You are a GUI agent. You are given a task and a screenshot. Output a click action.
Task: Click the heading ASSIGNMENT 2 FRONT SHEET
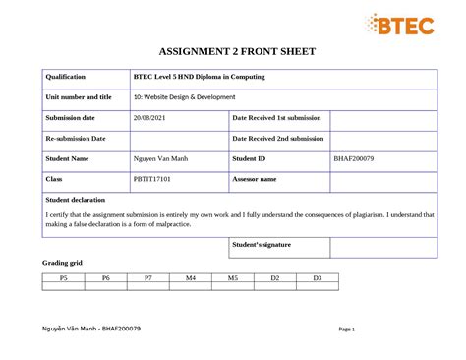[233, 51]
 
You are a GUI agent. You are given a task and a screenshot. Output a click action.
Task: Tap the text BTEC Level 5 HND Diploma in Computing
[200, 77]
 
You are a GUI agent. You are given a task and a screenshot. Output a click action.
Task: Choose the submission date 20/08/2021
[151, 118]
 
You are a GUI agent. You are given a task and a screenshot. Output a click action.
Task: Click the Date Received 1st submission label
[277, 118]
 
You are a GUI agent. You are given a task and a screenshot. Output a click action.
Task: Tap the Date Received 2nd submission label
[278, 139]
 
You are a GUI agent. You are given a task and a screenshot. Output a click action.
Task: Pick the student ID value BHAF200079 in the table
[354, 158]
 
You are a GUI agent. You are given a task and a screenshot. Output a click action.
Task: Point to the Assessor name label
[255, 179]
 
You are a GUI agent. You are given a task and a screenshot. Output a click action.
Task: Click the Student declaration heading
[76, 200]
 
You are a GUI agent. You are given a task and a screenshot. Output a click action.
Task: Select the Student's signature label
[262, 244]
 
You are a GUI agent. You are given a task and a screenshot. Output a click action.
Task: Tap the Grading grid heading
[62, 264]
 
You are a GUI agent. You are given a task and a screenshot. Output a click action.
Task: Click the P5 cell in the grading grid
[64, 279]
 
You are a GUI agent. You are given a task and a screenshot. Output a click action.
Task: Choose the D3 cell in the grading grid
[318, 279]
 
